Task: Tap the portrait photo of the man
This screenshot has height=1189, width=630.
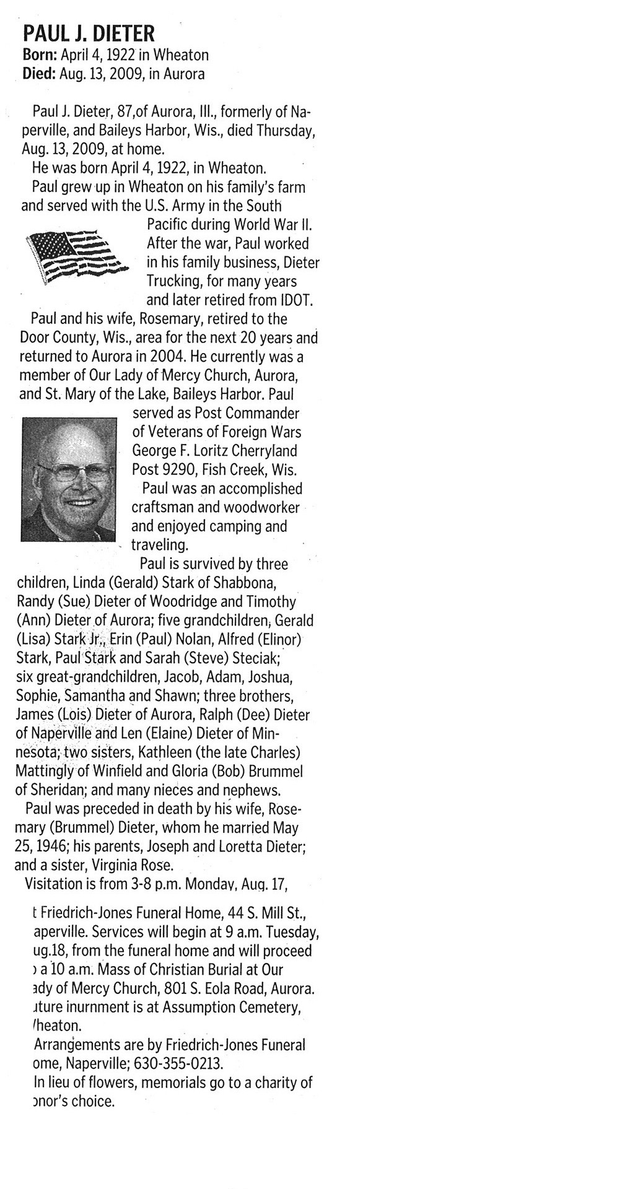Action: coord(69,479)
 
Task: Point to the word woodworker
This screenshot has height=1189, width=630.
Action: coord(261,507)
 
